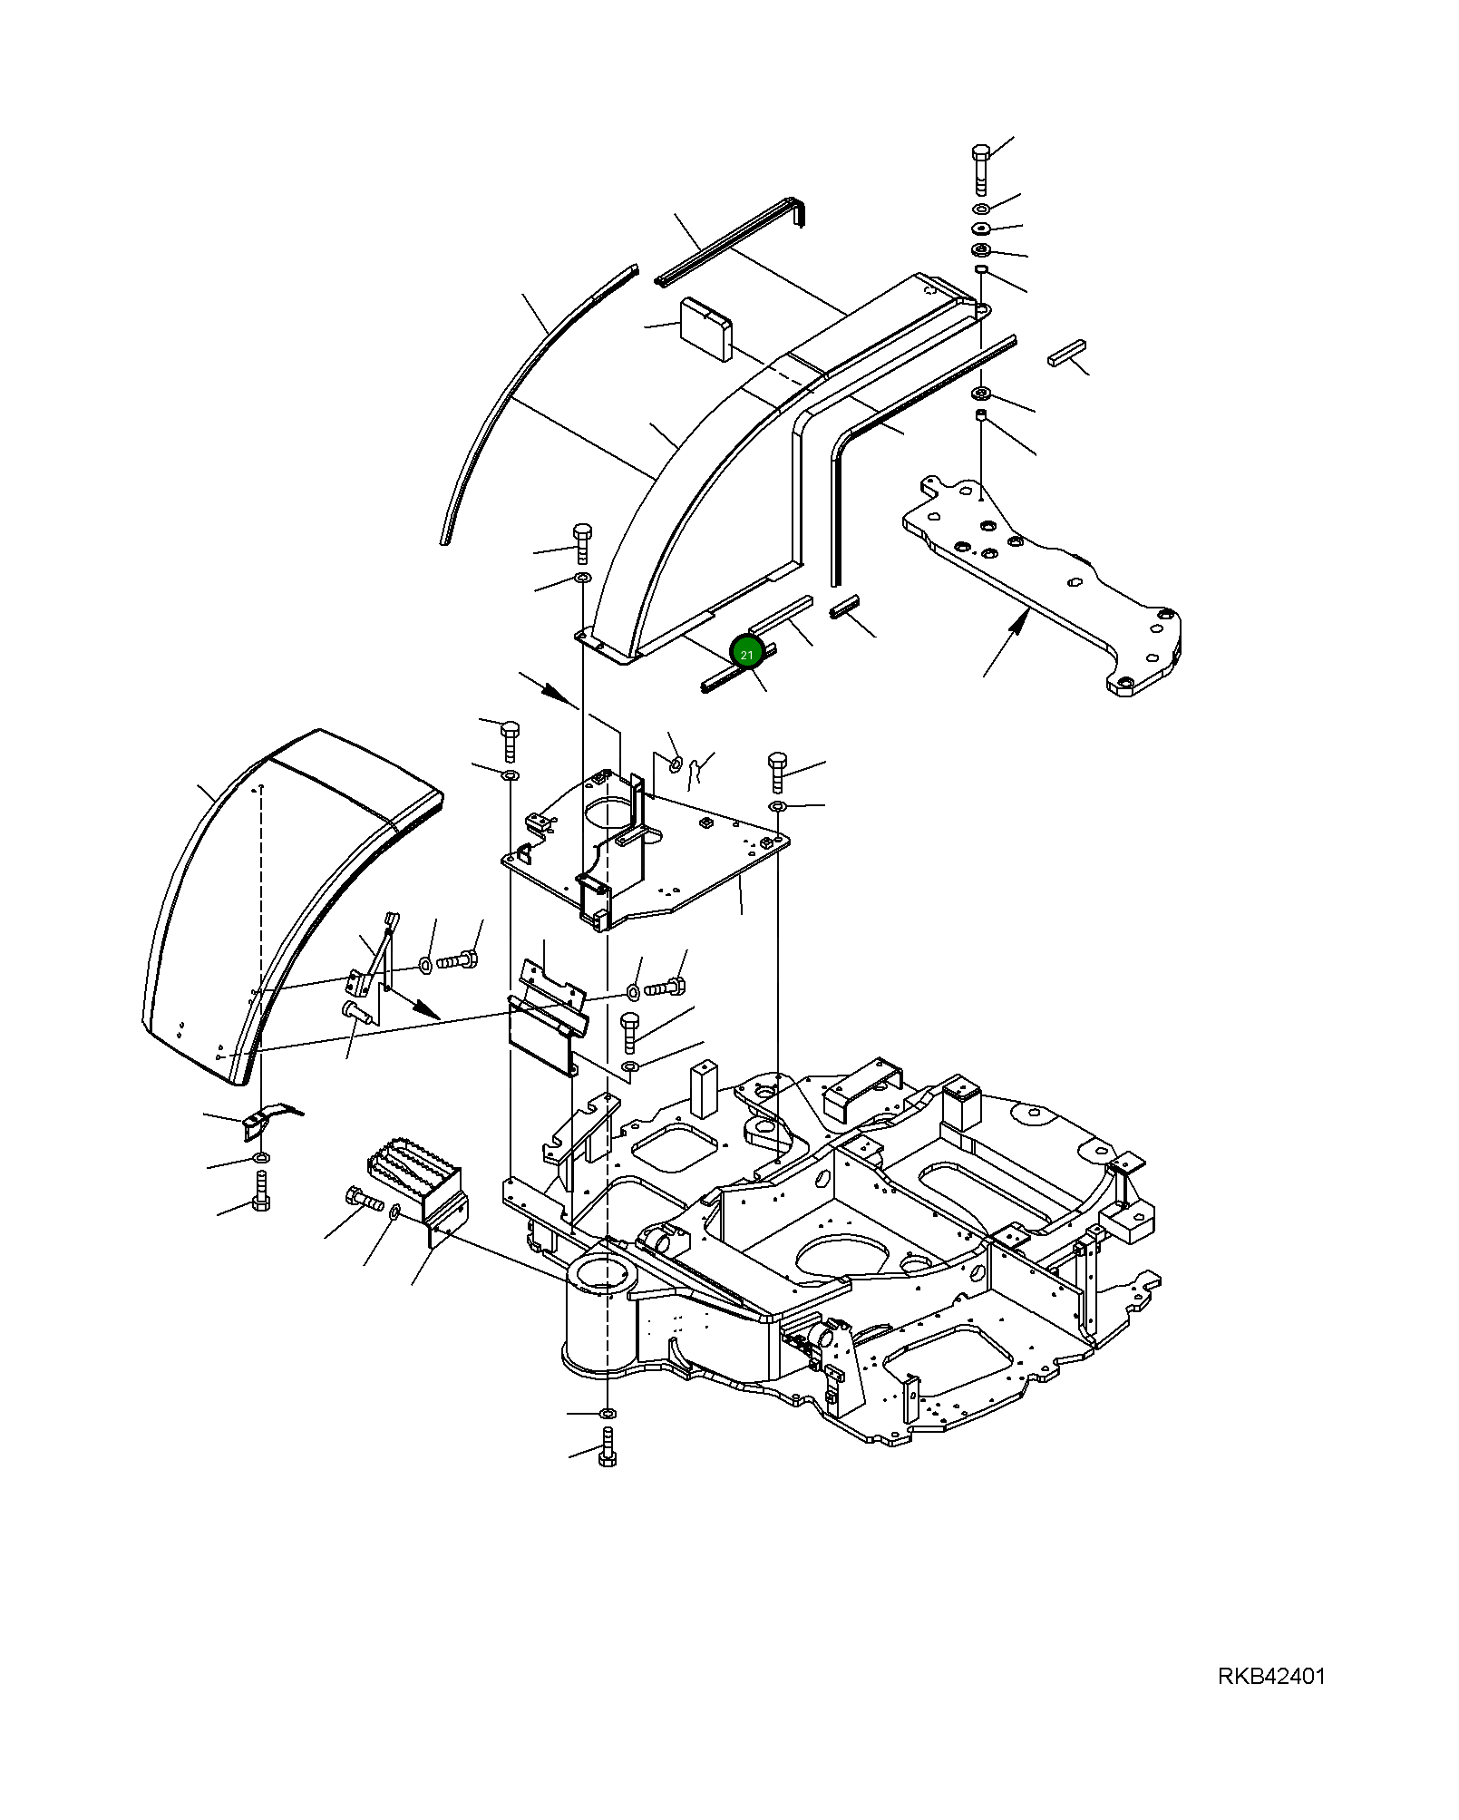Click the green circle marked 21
pyautogui.click(x=746, y=654)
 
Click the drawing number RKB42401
pyautogui.click(x=1270, y=1676)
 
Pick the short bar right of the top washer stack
pyautogui.click(x=1066, y=353)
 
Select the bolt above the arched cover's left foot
pyautogui.click(x=582, y=541)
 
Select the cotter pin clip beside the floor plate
pyautogui.click(x=696, y=769)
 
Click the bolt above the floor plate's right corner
pyautogui.click(x=777, y=771)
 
